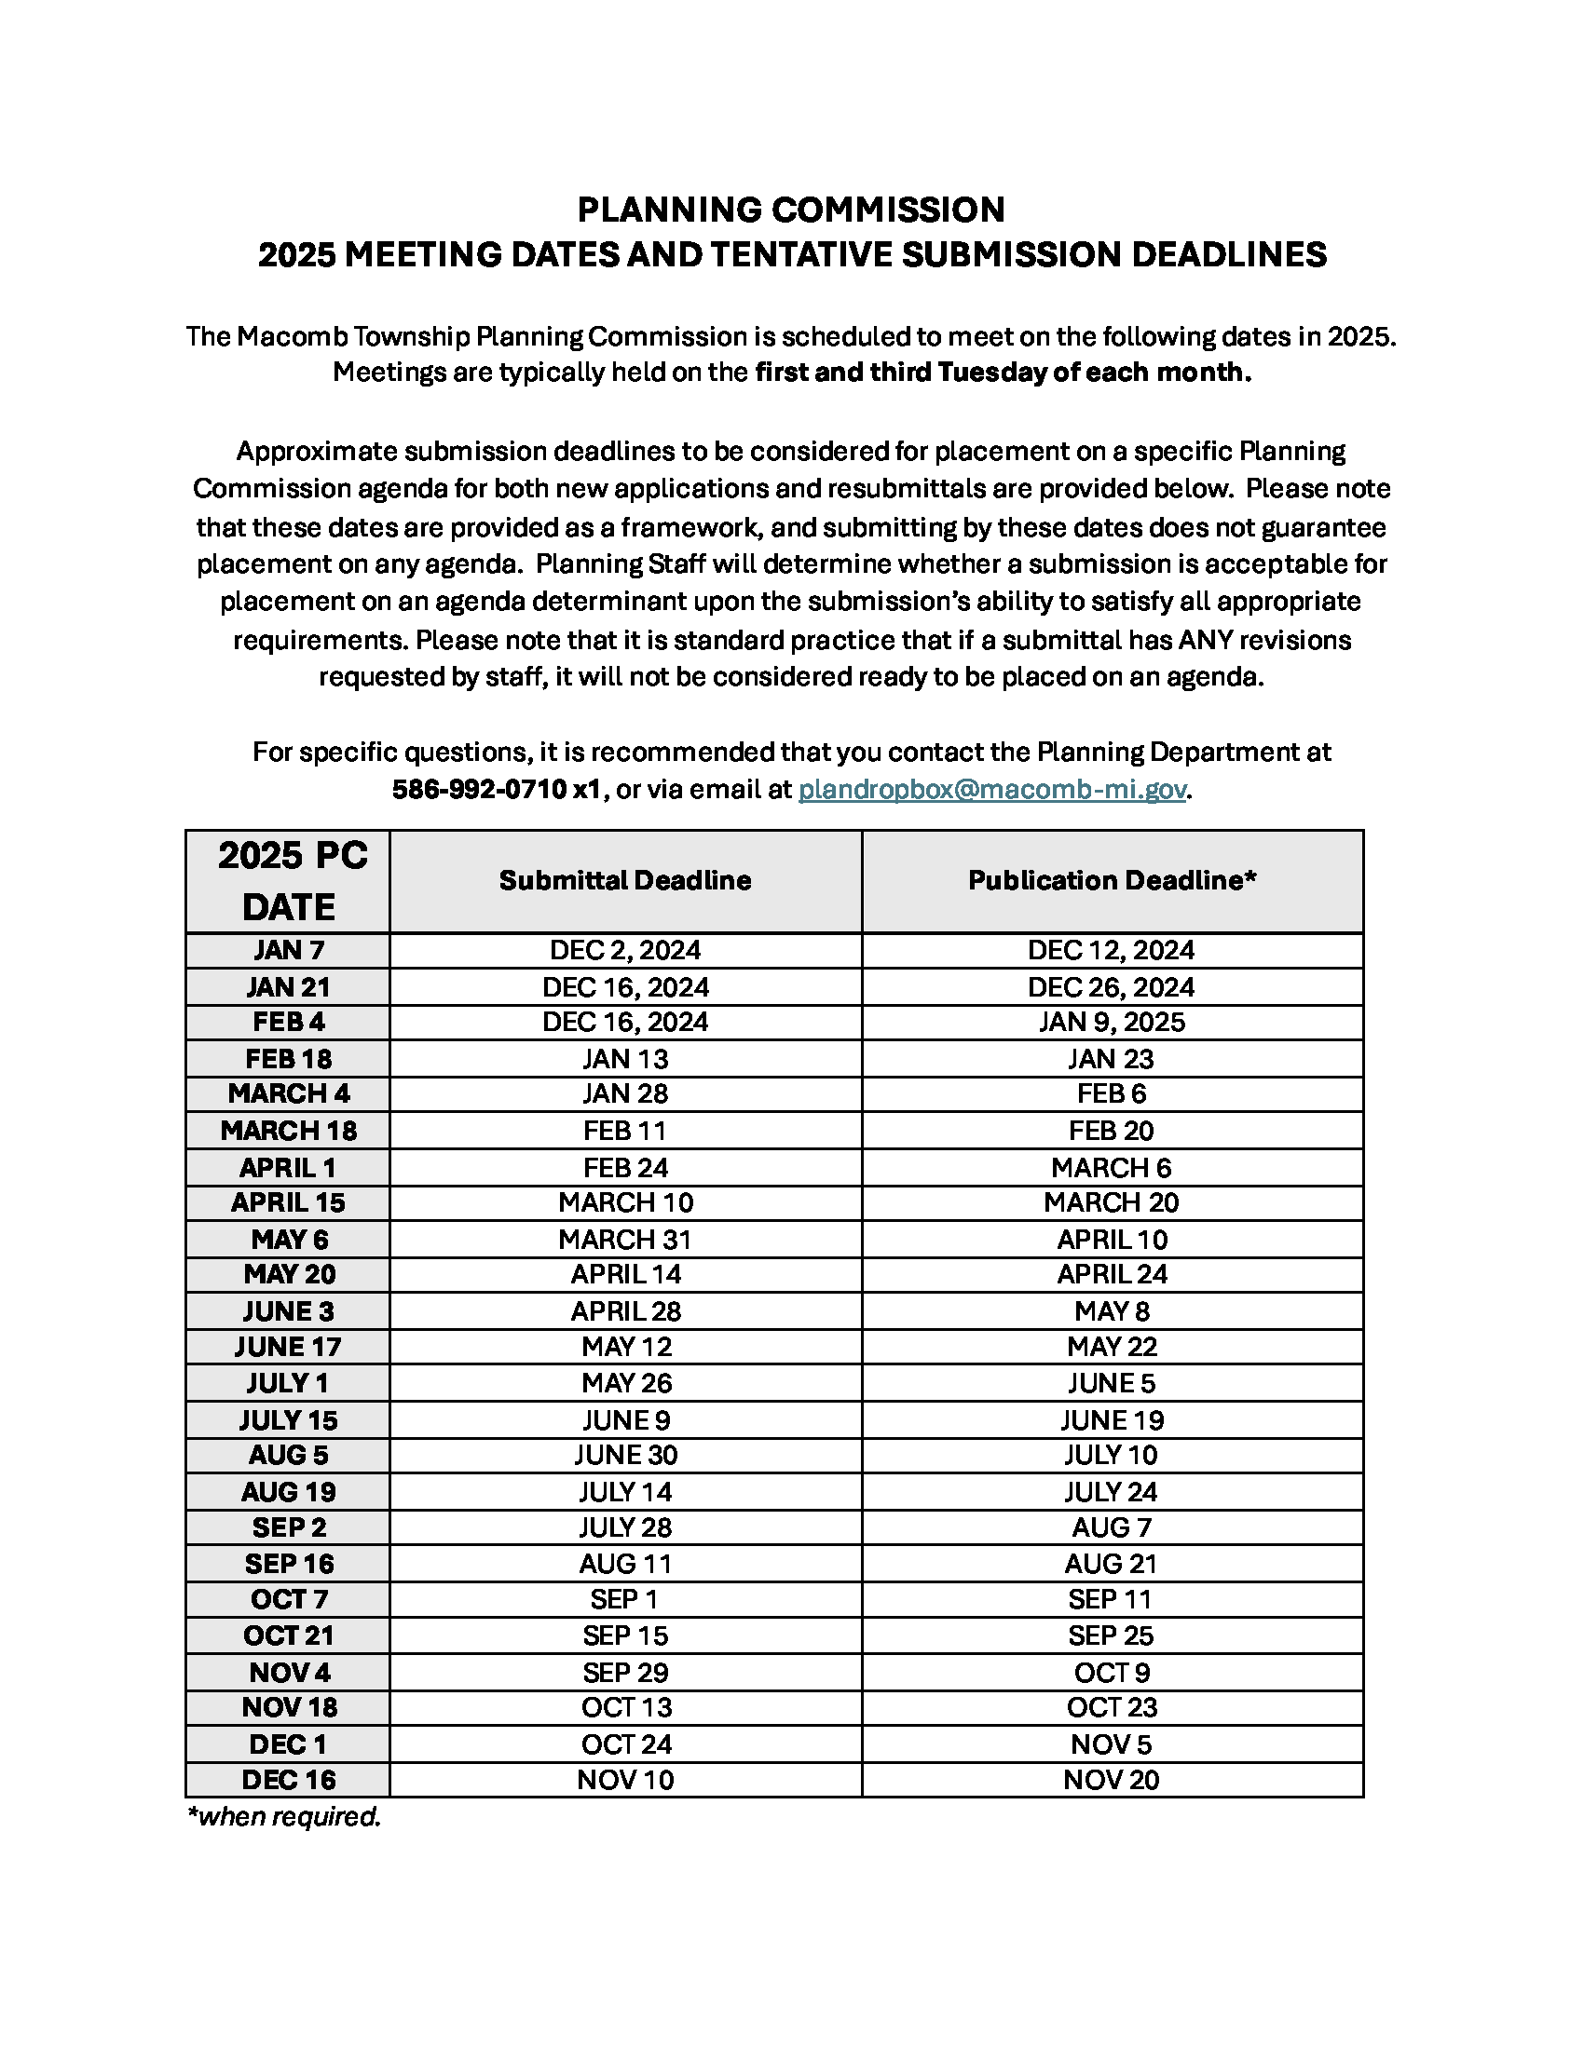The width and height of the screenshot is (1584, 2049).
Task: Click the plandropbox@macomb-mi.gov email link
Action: tap(992, 789)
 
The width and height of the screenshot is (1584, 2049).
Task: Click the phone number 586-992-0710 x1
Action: tap(496, 789)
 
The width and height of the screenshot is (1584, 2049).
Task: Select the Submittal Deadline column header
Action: tap(625, 880)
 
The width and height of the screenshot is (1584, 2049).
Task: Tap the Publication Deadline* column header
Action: tap(1112, 880)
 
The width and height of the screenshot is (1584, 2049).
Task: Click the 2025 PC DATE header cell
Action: tap(289, 881)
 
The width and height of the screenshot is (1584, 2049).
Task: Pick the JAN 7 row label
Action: tap(289, 950)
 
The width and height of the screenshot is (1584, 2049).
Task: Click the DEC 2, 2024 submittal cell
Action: tap(625, 950)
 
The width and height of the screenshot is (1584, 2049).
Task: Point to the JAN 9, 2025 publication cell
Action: tap(1112, 1022)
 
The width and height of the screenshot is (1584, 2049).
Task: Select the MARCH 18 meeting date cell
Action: tap(289, 1131)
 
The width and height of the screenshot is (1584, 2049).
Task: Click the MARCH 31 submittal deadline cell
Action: tap(625, 1240)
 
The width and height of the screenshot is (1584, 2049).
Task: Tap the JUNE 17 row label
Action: tap(289, 1347)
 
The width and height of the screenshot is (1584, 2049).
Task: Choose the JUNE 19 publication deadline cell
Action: tap(1112, 1419)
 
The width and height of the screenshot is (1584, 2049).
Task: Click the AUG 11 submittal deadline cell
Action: tap(625, 1564)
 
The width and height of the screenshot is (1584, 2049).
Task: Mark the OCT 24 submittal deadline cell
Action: tap(625, 1744)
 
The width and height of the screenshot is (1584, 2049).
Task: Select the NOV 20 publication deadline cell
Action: tap(1112, 1780)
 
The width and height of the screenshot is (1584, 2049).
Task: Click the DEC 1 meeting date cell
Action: tap(289, 1744)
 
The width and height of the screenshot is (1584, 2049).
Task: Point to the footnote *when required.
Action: tap(284, 1817)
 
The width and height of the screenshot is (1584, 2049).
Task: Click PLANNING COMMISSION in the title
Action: tap(791, 210)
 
